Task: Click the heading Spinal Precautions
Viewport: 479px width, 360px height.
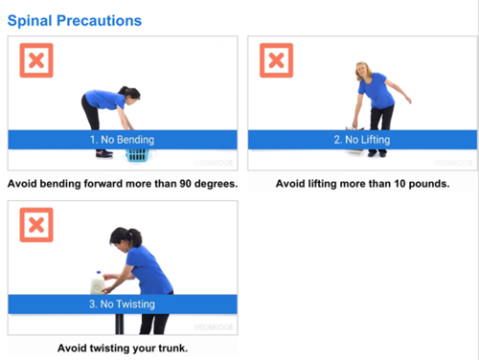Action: pos(75,21)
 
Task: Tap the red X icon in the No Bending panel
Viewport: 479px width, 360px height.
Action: pos(36,60)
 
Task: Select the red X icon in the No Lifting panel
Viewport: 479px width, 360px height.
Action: pos(276,60)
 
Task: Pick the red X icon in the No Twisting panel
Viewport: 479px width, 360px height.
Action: pos(36,225)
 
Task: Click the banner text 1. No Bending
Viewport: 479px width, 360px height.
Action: pos(123,140)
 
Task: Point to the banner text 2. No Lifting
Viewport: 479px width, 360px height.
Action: pos(362,140)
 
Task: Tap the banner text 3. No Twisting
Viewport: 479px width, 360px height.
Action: pos(122,304)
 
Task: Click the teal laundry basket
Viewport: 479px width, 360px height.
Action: pos(138,155)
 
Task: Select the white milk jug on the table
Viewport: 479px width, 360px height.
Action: pos(98,283)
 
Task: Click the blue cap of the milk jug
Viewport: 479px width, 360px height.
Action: pos(99,273)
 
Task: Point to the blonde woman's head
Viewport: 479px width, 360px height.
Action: pos(363,71)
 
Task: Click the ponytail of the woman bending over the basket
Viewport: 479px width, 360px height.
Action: pos(123,90)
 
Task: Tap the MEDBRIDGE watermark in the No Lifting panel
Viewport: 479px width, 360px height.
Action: pos(453,163)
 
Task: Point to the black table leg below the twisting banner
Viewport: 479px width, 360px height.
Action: pos(120,325)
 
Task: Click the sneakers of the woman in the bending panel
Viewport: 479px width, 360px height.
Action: pos(104,154)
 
